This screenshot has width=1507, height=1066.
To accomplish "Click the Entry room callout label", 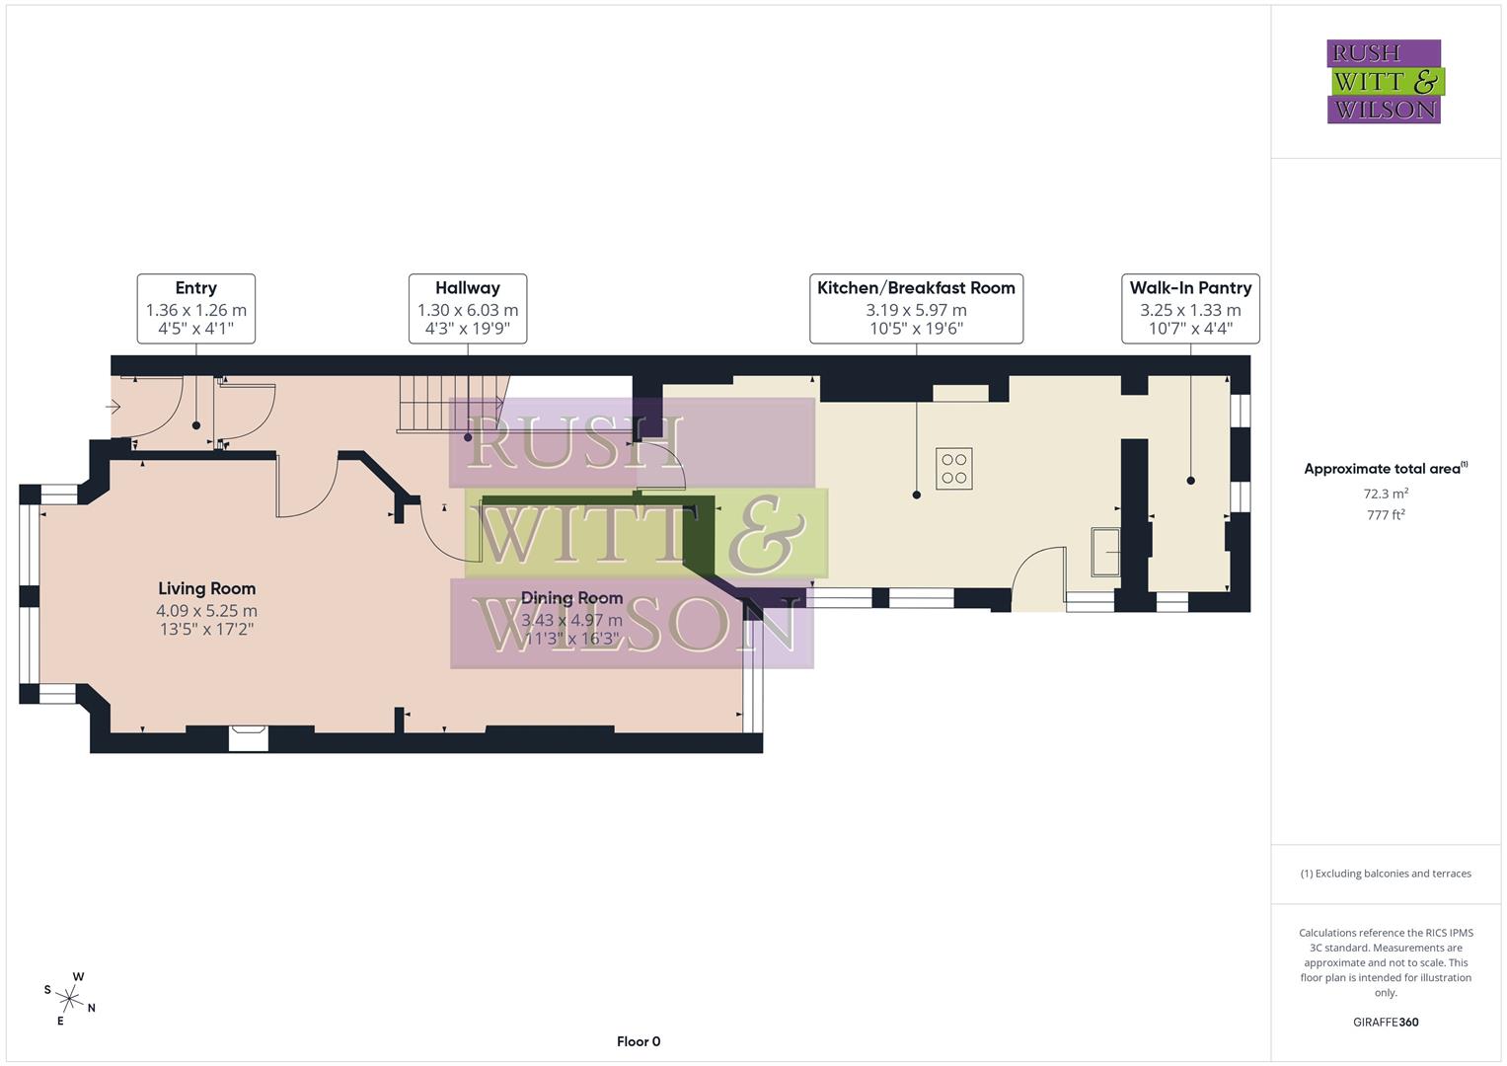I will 195,309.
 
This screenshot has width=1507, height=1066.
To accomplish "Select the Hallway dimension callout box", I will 467,309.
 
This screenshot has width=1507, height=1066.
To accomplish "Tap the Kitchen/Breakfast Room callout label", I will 916,309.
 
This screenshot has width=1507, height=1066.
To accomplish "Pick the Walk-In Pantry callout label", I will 1190,309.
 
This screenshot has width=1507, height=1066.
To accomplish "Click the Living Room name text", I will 206,588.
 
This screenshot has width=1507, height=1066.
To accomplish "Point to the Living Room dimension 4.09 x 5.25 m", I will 206,611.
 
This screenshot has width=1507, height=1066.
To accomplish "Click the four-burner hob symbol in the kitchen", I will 954,469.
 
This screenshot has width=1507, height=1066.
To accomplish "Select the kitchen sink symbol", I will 1105,552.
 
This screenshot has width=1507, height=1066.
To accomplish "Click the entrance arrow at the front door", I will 113,407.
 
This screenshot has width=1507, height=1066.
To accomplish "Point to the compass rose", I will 69,997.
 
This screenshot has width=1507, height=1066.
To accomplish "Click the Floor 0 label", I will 639,1041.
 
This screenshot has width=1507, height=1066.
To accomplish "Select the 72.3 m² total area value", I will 1386,494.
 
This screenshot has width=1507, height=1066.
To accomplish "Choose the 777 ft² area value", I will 1386,514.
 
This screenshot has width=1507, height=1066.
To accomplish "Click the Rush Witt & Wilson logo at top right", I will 1384,82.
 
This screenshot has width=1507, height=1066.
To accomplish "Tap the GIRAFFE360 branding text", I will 1386,1022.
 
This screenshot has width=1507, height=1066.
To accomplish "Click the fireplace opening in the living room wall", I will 248,738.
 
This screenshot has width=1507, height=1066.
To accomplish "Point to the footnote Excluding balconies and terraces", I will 1386,874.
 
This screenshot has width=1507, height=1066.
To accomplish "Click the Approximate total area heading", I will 1385,469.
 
